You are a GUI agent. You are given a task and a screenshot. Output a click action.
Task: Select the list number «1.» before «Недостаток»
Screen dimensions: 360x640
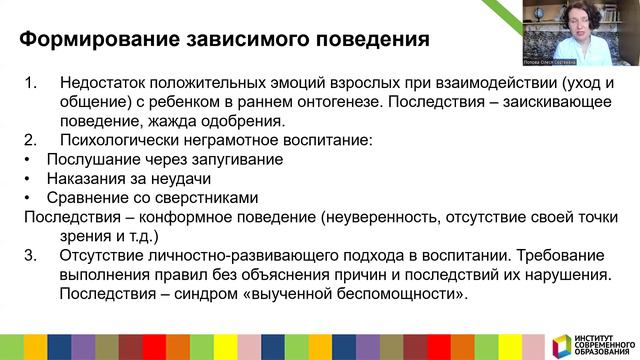[x=29, y=84]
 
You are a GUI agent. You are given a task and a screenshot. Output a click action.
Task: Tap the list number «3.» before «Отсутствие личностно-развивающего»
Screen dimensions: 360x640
[x=29, y=255]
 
